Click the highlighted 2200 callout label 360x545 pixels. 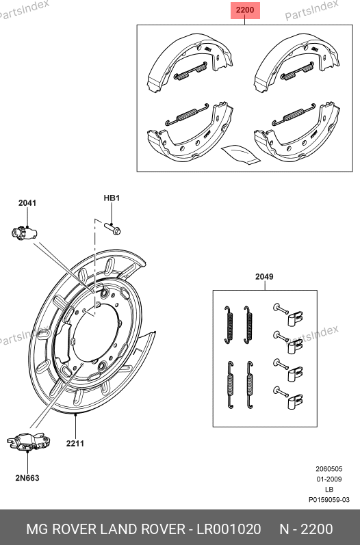tap(245, 10)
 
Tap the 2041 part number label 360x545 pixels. tap(27, 202)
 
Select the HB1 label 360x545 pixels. tap(112, 198)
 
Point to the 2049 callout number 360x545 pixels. tap(264, 277)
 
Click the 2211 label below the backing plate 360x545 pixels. tap(75, 443)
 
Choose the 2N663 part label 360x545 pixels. tap(27, 478)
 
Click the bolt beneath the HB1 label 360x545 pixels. tap(112, 228)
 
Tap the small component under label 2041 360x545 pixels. tap(24, 232)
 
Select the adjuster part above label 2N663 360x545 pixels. tap(29, 442)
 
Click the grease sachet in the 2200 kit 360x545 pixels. tap(241, 154)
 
